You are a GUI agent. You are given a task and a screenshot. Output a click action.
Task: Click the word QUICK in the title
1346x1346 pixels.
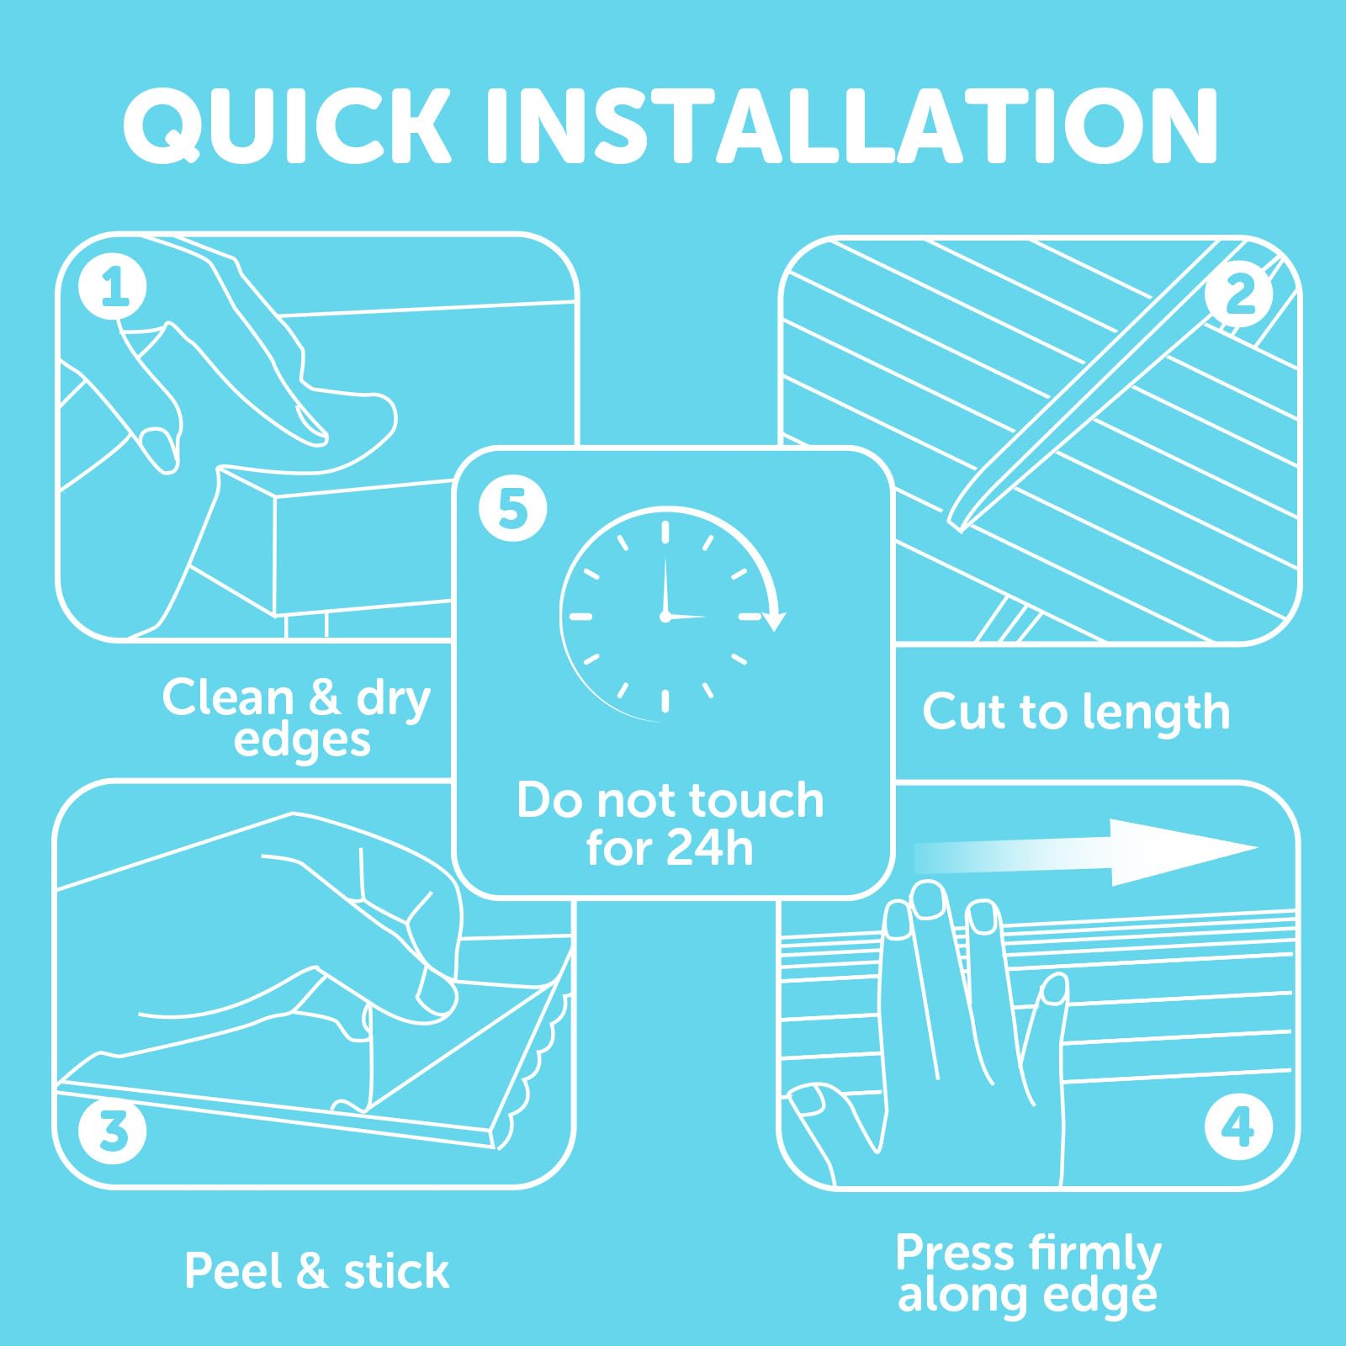288,125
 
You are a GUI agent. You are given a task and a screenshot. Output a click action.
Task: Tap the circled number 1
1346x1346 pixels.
113,287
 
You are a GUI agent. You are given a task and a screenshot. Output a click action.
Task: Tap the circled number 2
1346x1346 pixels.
1238,294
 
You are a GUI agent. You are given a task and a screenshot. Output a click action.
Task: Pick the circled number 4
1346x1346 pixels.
1238,1126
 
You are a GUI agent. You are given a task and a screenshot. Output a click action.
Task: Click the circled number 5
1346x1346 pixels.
512,508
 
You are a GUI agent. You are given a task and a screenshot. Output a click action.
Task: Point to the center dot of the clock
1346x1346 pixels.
665,617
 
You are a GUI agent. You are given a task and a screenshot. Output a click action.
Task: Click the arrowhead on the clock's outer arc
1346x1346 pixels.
774,620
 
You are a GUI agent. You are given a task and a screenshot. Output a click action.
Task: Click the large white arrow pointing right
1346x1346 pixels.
1085,852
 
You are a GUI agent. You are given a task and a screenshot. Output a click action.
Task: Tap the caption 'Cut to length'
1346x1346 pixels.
1076,713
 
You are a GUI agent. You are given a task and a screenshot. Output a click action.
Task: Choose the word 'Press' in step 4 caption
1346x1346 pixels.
955,1253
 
